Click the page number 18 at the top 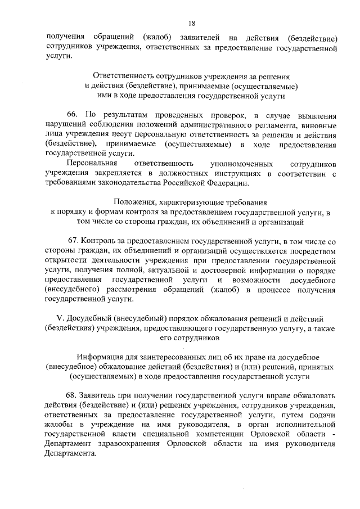pyautogui.click(x=192, y=23)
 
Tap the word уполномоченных pyautogui.click(x=240, y=163)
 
